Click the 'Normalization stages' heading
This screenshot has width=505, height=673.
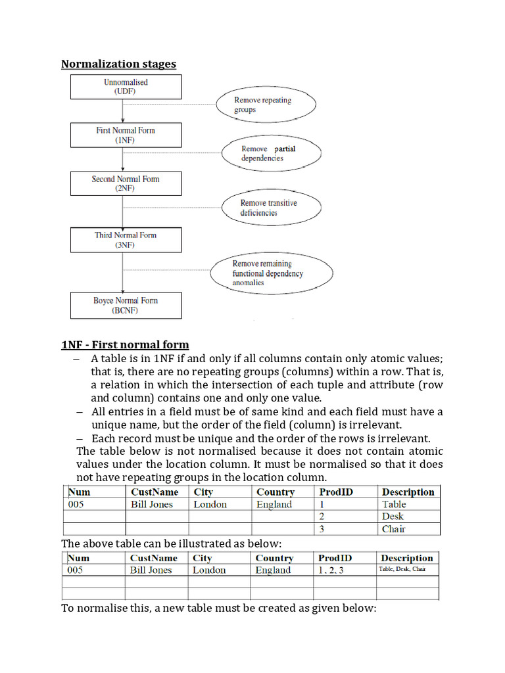(118, 64)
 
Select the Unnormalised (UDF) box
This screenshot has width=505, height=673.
(126, 87)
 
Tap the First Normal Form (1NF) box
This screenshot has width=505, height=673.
(126, 135)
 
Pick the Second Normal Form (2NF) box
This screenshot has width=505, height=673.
(126, 183)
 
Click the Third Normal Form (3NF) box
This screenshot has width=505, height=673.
(126, 240)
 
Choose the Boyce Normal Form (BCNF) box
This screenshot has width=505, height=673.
(126, 306)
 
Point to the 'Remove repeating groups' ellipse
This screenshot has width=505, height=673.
(266, 105)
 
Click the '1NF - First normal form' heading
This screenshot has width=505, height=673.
(125, 344)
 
